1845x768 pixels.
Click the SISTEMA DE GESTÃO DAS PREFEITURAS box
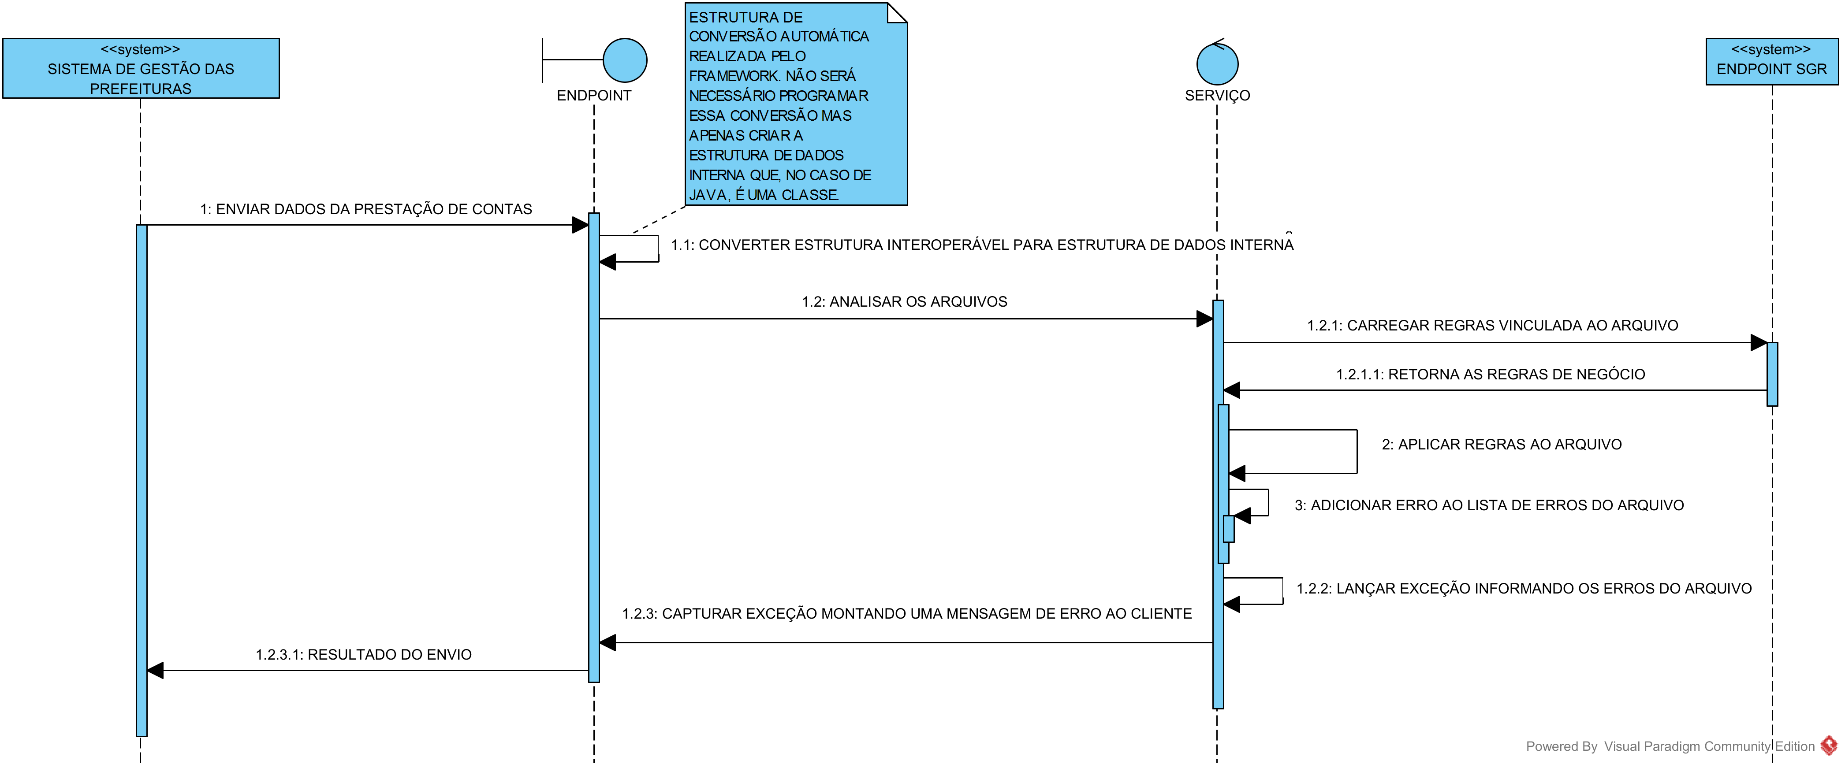click(141, 69)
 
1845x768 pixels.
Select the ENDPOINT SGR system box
click(1771, 62)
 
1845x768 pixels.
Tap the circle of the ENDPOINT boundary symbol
click(625, 60)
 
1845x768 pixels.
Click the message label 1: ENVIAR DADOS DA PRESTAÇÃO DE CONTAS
click(366, 209)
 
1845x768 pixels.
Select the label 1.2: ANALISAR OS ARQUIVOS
click(904, 301)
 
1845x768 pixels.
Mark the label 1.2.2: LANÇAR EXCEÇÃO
click(1524, 588)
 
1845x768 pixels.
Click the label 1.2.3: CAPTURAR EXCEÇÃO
click(906, 613)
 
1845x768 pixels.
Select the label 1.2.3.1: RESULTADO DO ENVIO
click(363, 654)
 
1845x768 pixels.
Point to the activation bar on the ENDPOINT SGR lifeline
click(1772, 374)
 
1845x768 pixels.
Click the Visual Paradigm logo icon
click(1829, 745)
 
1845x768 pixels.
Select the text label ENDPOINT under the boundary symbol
click(594, 95)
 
